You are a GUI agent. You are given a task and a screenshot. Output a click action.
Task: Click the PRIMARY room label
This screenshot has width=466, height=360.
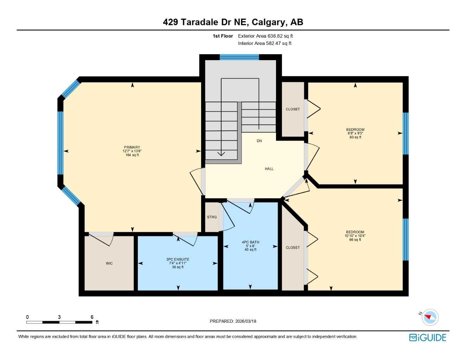[132, 147]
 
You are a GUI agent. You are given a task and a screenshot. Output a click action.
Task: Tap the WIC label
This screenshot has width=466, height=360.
[109, 263]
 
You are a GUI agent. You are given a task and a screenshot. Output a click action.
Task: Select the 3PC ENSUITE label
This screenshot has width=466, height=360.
[178, 259]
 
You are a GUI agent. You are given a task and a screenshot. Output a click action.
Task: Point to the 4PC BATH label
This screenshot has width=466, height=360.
[250, 242]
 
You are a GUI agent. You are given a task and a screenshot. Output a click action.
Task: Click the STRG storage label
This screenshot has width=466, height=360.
[212, 217]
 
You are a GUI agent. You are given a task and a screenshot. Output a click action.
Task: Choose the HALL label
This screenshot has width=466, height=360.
[269, 169]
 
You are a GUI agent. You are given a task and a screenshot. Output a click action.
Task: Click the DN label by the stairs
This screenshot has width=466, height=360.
[259, 141]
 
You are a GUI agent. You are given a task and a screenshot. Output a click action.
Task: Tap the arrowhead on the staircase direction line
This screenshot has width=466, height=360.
[221, 154]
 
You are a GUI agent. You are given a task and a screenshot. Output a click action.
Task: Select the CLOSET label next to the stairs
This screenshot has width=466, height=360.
[293, 109]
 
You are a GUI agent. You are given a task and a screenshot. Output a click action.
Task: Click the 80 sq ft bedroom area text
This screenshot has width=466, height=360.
[355, 137]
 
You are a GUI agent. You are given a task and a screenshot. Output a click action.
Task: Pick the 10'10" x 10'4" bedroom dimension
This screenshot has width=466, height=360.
[355, 236]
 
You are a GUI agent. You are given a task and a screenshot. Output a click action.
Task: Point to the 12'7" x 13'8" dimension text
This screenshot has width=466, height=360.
[132, 151]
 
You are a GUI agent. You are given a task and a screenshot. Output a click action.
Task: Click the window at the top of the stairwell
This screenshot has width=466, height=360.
[239, 57]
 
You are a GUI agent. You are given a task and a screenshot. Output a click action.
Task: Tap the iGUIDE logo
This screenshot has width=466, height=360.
[428, 337]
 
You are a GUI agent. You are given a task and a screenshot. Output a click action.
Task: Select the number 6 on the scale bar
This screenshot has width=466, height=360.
[92, 317]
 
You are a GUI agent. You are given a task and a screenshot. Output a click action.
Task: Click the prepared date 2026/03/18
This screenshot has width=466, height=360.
[245, 321]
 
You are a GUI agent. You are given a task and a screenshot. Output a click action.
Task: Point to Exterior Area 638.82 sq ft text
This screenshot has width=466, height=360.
[265, 36]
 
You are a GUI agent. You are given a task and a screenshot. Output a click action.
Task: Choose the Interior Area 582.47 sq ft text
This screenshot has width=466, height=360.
[264, 43]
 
